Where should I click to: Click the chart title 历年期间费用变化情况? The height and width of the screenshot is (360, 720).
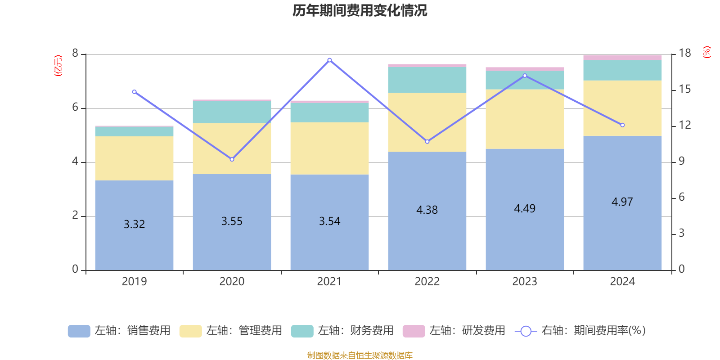[360, 10]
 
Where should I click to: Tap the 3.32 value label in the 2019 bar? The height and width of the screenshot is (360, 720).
[134, 224]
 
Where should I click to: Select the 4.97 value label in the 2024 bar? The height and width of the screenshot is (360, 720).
[622, 202]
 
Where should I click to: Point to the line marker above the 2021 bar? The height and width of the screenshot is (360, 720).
[329, 60]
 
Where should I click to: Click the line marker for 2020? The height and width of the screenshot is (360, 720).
[232, 159]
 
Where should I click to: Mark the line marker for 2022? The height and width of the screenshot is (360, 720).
[427, 142]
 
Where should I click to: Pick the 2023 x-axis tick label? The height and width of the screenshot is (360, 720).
[524, 282]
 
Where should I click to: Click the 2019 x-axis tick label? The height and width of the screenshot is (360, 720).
[134, 282]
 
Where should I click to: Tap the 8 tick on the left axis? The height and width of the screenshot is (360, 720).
[75, 54]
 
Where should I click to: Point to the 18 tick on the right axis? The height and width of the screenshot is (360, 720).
[684, 53]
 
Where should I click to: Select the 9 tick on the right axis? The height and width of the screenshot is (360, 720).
[681, 161]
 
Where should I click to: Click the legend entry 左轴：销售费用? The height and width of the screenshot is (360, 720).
[119, 331]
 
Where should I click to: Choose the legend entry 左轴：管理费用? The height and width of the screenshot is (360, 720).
[230, 331]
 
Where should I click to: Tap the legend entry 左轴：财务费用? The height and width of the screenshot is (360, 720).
[342, 331]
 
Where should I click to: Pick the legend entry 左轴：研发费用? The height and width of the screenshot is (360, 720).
[454, 331]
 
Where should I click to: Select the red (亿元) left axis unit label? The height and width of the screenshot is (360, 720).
[58, 66]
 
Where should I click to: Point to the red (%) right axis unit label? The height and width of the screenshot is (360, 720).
[706, 52]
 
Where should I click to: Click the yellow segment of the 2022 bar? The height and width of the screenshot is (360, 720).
[427, 122]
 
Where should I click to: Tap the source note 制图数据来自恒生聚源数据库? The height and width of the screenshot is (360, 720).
[360, 355]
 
